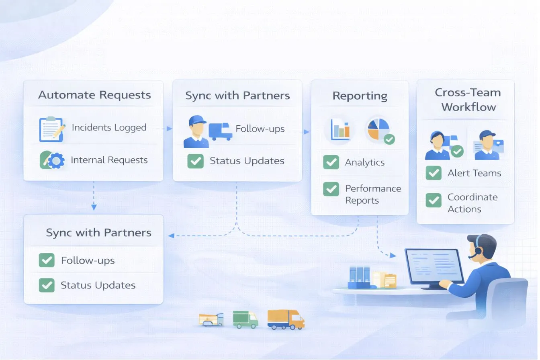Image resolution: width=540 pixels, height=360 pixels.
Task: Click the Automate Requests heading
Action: click(94, 95)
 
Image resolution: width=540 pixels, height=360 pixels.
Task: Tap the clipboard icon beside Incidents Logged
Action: click(51, 129)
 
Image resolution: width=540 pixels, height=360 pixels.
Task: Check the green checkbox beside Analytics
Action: click(331, 162)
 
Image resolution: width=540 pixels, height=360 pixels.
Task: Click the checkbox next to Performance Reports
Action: click(331, 189)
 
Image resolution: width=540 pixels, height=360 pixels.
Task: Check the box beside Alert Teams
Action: click(434, 173)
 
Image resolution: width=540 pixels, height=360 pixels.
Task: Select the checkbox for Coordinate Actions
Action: click(434, 200)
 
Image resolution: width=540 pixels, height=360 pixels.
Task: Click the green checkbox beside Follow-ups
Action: click(47, 260)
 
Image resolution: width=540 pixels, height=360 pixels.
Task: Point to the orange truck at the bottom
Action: click(286, 319)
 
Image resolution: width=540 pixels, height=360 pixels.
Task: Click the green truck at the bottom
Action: click(245, 319)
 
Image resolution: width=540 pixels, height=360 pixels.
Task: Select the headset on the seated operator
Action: click(477, 247)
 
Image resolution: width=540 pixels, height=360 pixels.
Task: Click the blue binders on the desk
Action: click(359, 276)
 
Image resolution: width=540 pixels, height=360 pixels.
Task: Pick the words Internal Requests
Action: click(109, 160)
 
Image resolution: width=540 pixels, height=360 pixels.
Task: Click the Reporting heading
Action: click(360, 96)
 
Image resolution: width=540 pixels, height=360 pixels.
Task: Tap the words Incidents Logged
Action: click(109, 128)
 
